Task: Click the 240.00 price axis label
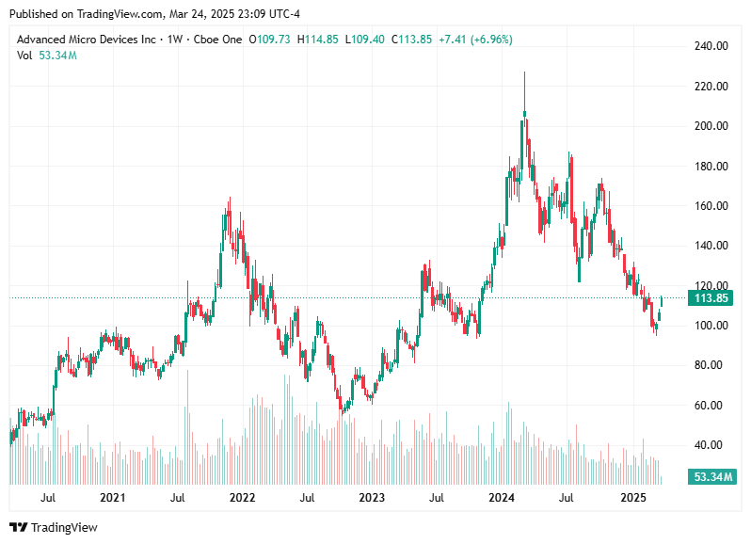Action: [711, 46]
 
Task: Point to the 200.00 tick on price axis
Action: [711, 126]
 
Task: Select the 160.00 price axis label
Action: [711, 206]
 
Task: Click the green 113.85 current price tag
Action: [711, 298]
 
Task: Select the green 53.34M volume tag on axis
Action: [711, 477]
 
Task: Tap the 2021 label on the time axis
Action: [112, 497]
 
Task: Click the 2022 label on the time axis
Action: [243, 497]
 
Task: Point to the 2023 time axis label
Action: [372, 497]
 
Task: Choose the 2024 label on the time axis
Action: [502, 497]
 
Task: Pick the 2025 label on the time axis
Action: [632, 497]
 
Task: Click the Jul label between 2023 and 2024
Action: [437, 497]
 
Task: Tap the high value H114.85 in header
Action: [318, 40]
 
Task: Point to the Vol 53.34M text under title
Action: [47, 56]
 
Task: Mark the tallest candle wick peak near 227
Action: [524, 72]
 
